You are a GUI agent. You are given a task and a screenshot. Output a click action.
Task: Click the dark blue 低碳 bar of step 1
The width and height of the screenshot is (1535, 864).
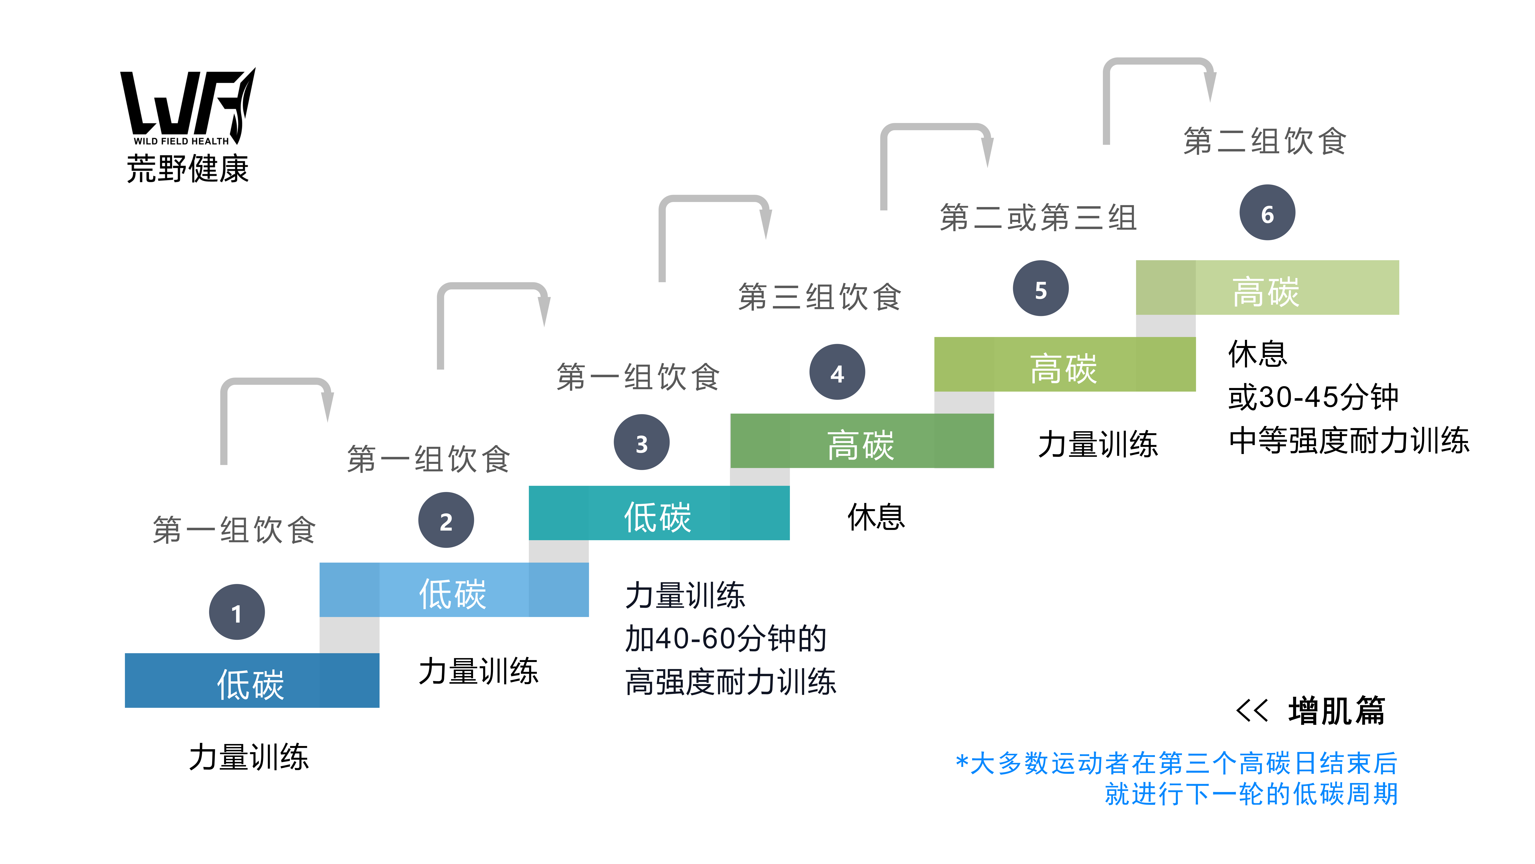tap(252, 680)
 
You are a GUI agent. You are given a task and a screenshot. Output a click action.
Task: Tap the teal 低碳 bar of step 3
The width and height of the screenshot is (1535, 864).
tap(659, 513)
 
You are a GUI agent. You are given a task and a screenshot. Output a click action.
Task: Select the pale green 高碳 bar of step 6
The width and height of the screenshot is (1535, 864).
tap(1267, 287)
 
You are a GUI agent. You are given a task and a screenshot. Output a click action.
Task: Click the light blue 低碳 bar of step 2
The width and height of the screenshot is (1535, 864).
tap(454, 590)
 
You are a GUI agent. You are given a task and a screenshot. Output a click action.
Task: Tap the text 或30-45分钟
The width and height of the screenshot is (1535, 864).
tap(1313, 397)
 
